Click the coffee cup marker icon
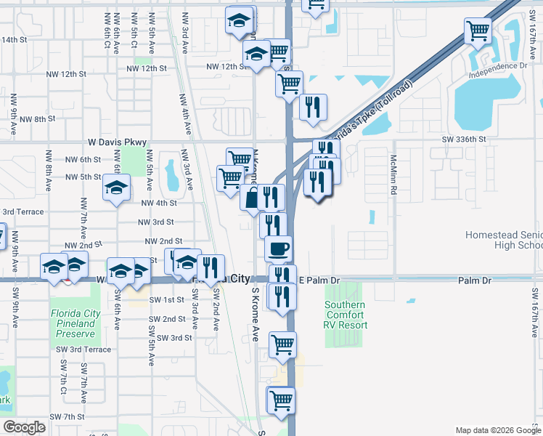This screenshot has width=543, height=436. pos(279,249)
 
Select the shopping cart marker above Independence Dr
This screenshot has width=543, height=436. pos(478,31)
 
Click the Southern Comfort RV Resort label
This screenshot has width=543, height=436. pos(346,315)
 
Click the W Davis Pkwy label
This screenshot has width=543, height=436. pos(117,142)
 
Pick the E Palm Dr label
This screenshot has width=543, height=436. pos(319,280)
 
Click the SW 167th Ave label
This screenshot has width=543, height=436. pos(535,312)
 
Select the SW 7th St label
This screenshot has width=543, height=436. pos(68,416)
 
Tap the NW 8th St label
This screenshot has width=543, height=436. pos(38,119)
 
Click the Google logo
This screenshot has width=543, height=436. pos(25,427)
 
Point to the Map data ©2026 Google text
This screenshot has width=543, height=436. pos(497,430)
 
